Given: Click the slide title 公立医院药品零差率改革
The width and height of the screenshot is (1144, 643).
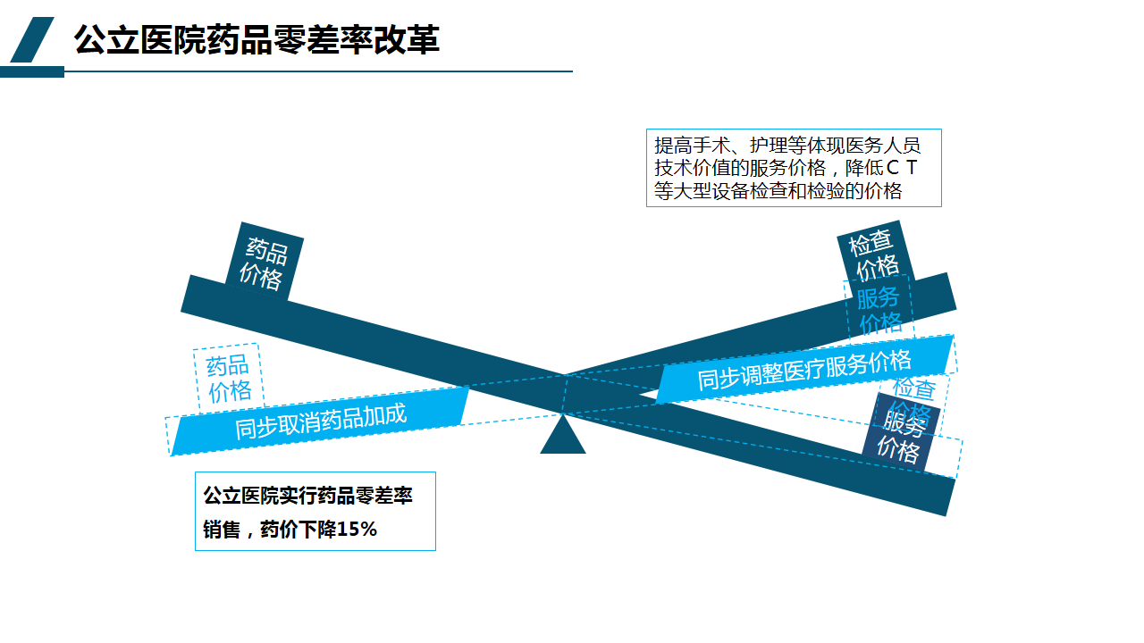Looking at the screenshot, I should click(x=257, y=40).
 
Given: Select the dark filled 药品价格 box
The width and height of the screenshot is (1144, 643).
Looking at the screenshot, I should click(x=264, y=263).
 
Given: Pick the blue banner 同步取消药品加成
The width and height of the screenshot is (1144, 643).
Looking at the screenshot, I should click(x=320, y=420).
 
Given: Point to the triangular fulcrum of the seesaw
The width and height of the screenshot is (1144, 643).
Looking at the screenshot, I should click(x=563, y=438).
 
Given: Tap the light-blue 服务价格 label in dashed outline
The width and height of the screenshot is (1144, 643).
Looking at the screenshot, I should click(x=879, y=309).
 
